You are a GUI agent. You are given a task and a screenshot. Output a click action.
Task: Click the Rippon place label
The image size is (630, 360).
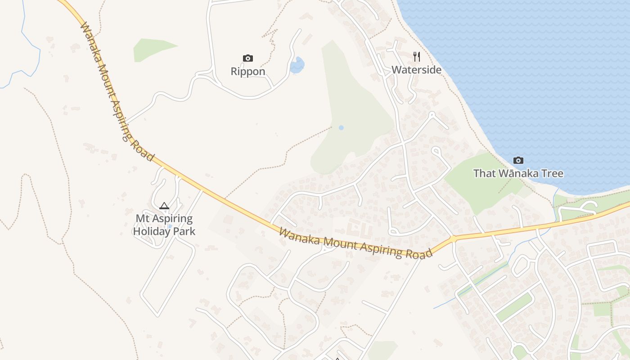click(x=248, y=72)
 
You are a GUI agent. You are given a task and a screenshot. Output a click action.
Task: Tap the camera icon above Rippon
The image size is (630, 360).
click(x=248, y=58)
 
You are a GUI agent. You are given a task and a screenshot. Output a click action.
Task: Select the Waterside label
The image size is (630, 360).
click(x=416, y=70)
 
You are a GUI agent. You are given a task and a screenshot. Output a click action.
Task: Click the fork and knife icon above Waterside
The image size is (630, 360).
click(x=417, y=56)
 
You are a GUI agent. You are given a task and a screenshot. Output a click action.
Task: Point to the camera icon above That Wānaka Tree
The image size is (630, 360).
click(x=518, y=160)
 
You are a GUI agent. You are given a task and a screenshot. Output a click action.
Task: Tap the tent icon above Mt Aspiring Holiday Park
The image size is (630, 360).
click(x=164, y=206)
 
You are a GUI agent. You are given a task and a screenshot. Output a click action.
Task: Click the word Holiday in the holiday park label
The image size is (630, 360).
click(x=152, y=231)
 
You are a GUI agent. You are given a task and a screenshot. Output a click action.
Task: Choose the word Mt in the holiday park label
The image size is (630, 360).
click(x=143, y=219)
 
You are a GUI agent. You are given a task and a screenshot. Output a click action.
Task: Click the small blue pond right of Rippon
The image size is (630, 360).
click(x=297, y=66)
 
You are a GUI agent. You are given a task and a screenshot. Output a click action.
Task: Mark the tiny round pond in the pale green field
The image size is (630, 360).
click(x=341, y=128)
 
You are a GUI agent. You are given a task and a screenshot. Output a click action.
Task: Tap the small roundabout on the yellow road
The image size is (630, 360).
click(x=453, y=238)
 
